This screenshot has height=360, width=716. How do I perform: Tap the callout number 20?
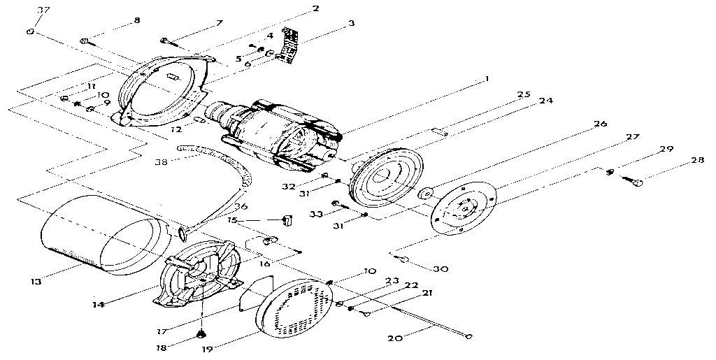coord(394,338)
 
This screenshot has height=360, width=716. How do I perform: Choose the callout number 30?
coord(441,268)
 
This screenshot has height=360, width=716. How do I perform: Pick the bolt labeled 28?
coord(637,182)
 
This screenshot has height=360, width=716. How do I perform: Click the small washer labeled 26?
coord(424,193)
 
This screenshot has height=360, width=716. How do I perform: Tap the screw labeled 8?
coord(85,41)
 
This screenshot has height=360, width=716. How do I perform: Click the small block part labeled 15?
coord(285,221)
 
